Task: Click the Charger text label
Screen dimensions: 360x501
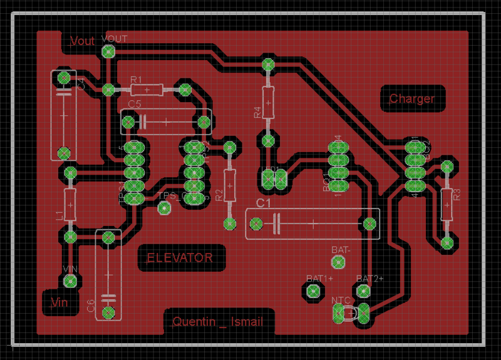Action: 411,99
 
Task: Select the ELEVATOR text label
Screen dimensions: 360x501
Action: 180,257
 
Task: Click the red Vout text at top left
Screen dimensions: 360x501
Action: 82,41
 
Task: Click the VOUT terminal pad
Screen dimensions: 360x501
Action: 108,51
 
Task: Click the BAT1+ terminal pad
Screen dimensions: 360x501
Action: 313,290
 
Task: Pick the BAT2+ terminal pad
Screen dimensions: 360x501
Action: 363,290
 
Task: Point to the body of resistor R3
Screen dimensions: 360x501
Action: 447,203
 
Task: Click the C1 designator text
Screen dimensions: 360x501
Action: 263,204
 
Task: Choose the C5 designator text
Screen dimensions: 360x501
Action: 135,103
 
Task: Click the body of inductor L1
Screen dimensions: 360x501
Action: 70,204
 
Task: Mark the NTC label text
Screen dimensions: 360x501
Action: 341,301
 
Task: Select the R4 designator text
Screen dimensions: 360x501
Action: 257,113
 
